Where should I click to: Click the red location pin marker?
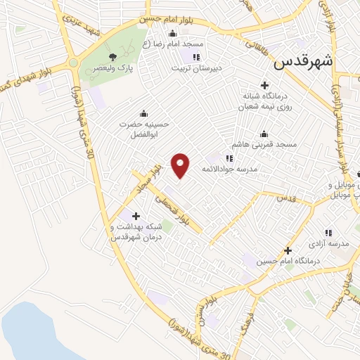(x=181, y=165)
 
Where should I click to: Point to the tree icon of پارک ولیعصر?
(x=112, y=56)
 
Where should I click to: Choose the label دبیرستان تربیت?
(x=198, y=68)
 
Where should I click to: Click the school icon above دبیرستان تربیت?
(x=197, y=57)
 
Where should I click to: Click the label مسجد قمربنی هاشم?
(x=266, y=144)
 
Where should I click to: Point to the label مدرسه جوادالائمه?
(x=231, y=169)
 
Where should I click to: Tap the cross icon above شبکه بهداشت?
(x=136, y=216)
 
